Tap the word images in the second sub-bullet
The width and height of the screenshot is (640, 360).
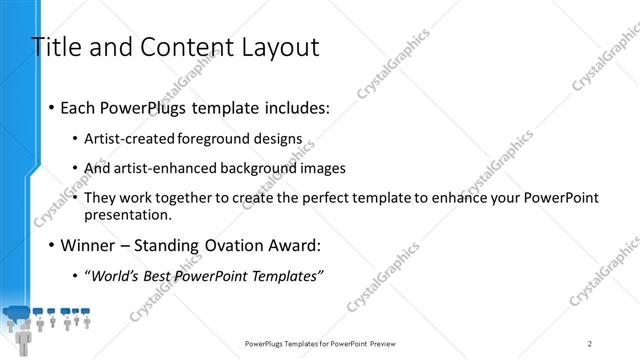(323, 168)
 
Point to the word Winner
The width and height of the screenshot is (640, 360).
(90, 245)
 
